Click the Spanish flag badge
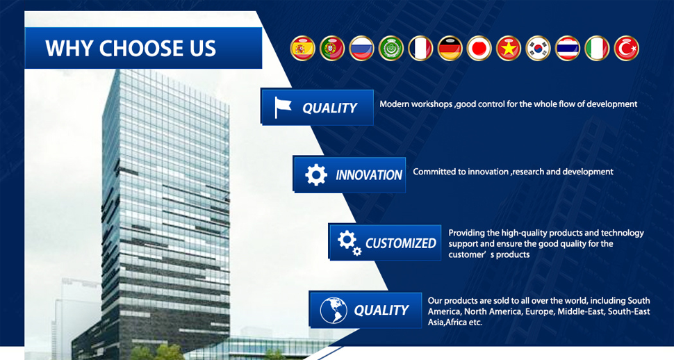[x=303, y=48]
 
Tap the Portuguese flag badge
[x=332, y=48]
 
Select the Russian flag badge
[x=361, y=48]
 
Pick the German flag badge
[x=450, y=48]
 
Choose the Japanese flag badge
[x=479, y=48]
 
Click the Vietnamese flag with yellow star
[x=509, y=48]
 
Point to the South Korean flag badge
[x=539, y=48]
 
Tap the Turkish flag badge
[x=626, y=48]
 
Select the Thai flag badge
[x=568, y=48]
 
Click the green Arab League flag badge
[x=391, y=48]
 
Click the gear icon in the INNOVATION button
[x=316, y=174]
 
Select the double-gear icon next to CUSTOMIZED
[x=349, y=243]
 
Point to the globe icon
[x=334, y=310]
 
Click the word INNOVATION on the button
[x=369, y=175]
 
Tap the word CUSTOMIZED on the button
[x=401, y=243]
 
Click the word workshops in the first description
[x=431, y=104]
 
